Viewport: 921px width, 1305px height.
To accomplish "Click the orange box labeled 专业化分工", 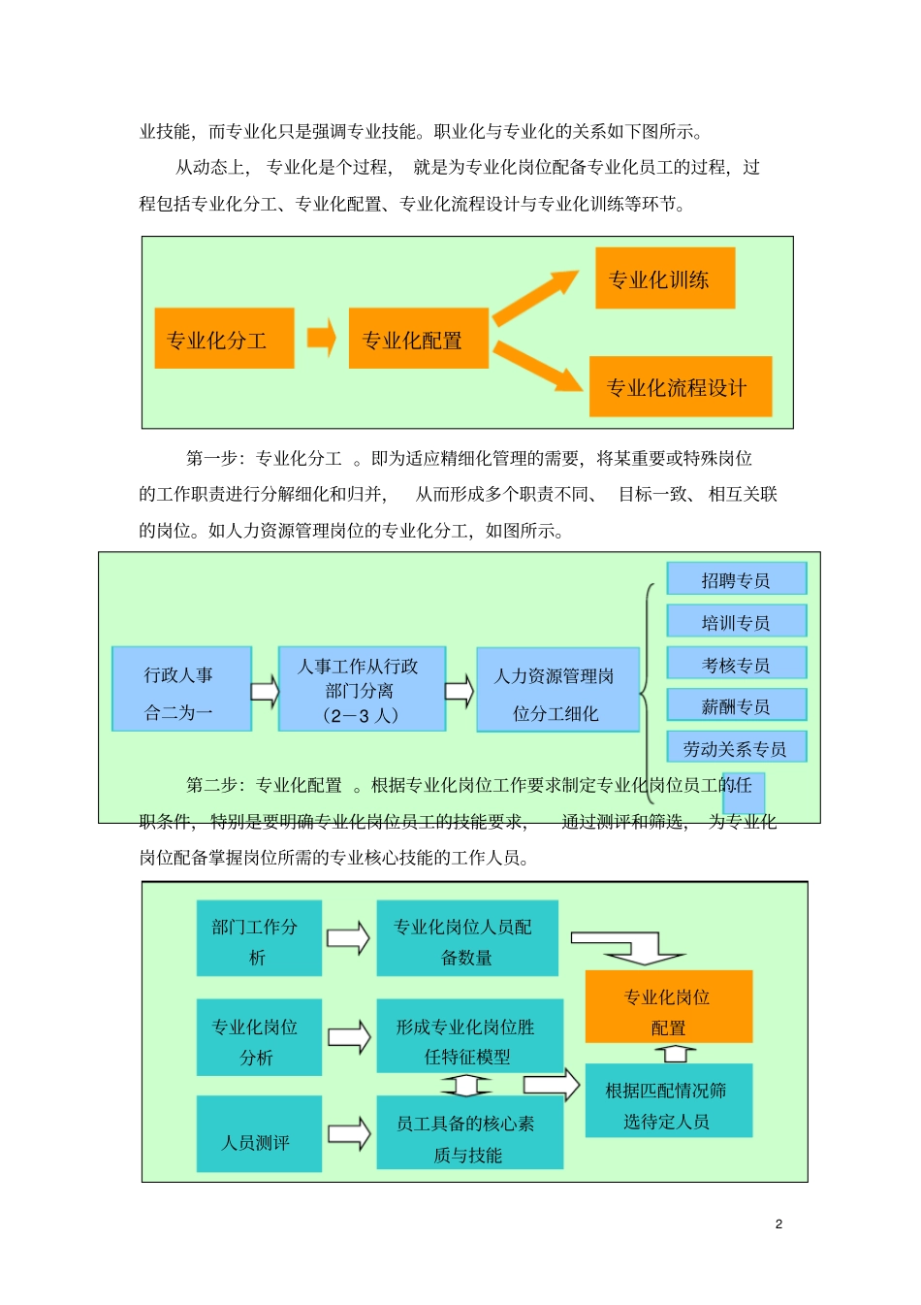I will coord(224,339).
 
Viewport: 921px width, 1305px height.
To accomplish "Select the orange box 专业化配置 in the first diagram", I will coord(418,339).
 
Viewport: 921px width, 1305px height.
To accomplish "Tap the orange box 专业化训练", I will coord(665,278).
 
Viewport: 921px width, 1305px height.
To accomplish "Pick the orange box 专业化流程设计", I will coord(681,387).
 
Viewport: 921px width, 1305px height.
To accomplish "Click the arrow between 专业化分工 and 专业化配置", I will coord(321,338).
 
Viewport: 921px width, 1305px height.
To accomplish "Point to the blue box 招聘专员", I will coord(737,579).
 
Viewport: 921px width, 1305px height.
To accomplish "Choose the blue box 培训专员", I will coord(737,621).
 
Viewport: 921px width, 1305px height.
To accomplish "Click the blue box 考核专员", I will coord(737,664).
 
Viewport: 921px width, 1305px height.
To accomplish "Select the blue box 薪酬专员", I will coord(737,705).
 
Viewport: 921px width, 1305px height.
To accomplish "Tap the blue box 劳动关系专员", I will coord(737,747).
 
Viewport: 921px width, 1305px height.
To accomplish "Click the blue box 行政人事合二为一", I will coord(181,690).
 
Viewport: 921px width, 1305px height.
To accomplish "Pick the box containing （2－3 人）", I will coord(362,690).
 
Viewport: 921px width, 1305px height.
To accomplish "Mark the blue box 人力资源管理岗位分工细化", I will coord(557,690).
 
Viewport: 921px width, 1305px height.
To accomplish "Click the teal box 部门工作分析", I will coord(259,939).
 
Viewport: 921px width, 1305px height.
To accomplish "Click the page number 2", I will coord(778,1224).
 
